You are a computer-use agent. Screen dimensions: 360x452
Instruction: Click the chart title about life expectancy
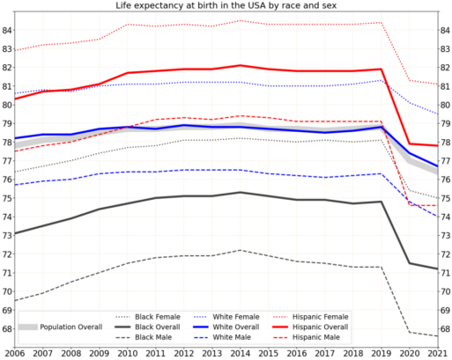pyautogui.click(x=226, y=5)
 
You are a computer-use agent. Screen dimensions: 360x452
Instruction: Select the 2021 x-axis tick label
pyautogui.click(x=439, y=352)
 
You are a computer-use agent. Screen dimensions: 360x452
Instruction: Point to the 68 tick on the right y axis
pyautogui.click(x=446, y=329)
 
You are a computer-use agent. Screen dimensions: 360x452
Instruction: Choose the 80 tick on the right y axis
pyautogui.click(x=446, y=105)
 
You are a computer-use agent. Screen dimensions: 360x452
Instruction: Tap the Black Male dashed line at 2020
pyautogui.click(x=411, y=332)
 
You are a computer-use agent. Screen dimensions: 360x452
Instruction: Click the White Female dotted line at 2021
pyautogui.click(x=439, y=114)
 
